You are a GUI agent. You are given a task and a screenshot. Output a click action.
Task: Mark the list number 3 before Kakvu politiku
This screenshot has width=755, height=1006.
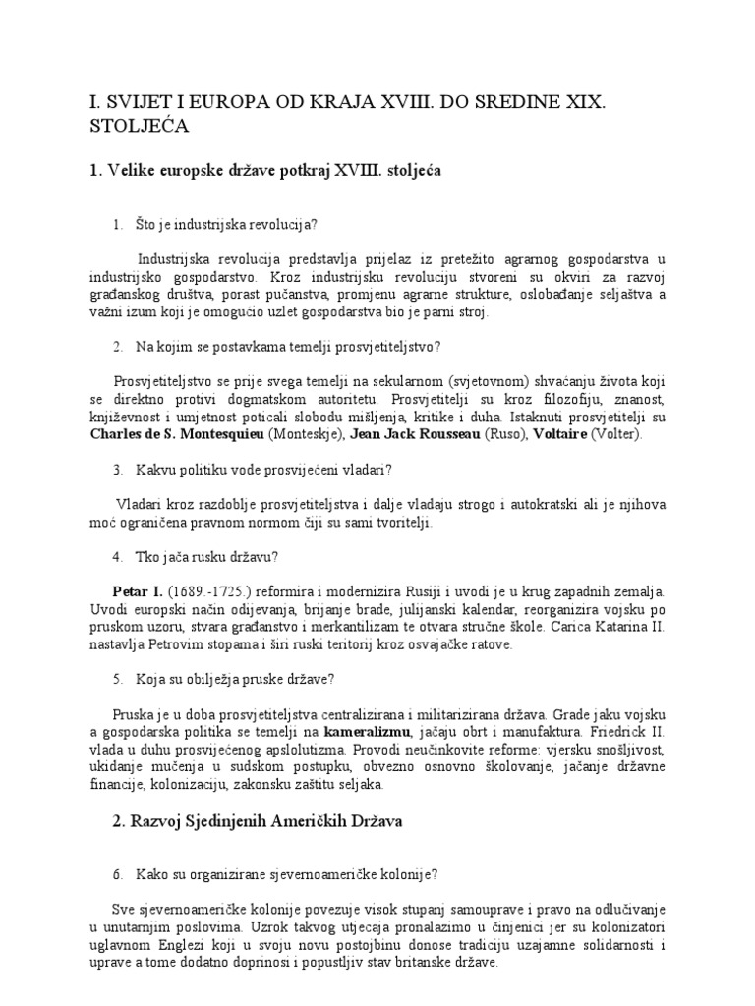(x=117, y=470)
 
